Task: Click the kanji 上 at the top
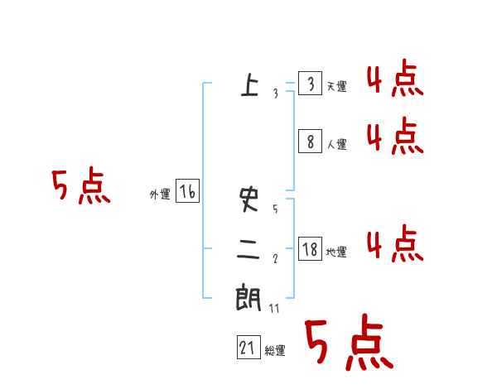(249, 84)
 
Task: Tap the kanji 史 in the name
(249, 199)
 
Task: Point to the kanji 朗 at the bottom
(249, 298)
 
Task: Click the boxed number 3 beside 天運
(310, 84)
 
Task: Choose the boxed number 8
(310, 142)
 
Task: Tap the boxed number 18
(310, 249)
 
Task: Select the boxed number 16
(187, 192)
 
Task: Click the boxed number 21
(248, 348)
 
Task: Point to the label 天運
(336, 87)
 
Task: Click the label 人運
(336, 144)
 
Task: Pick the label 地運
(336, 252)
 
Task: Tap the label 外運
(160, 194)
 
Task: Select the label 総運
(275, 351)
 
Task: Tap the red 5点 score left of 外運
(80, 188)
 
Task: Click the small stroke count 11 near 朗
(274, 309)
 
